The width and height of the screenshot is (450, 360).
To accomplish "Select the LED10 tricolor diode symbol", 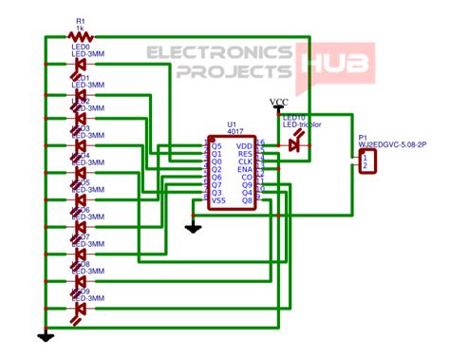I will [296, 143].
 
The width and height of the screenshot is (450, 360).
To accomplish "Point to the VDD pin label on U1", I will [246, 144].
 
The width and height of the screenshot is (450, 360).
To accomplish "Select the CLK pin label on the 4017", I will [246, 161].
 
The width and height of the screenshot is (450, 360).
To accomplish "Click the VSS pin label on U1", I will [218, 200].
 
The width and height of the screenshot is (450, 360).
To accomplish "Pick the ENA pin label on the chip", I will [246, 169].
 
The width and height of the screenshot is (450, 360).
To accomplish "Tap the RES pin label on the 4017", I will [246, 153].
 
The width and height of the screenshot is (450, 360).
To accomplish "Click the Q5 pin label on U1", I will [216, 144].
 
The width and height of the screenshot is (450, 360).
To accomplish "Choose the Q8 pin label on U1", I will [247, 200].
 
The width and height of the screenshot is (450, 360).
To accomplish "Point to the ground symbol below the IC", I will [193, 227].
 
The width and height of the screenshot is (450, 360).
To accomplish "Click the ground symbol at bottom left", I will [45, 335].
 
